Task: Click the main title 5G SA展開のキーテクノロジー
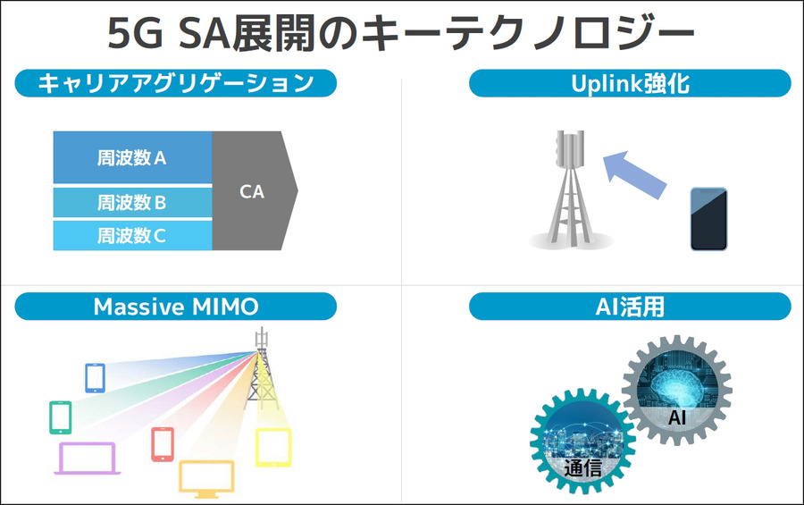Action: [x=401, y=33]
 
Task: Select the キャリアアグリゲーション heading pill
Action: [x=175, y=83]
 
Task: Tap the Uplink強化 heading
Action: [x=630, y=83]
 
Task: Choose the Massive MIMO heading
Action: [x=175, y=307]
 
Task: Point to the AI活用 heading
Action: [x=630, y=307]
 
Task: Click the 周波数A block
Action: [x=132, y=158]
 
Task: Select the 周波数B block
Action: [x=132, y=202]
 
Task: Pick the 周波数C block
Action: [x=132, y=236]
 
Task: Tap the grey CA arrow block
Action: [x=254, y=191]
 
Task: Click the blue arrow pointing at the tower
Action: [x=635, y=174]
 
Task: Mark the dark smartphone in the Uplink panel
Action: [x=708, y=219]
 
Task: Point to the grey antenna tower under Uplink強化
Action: [x=569, y=192]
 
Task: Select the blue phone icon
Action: [x=95, y=377]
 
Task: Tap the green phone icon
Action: [x=60, y=417]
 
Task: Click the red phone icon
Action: [x=162, y=444]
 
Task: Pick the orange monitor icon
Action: [x=206, y=478]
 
